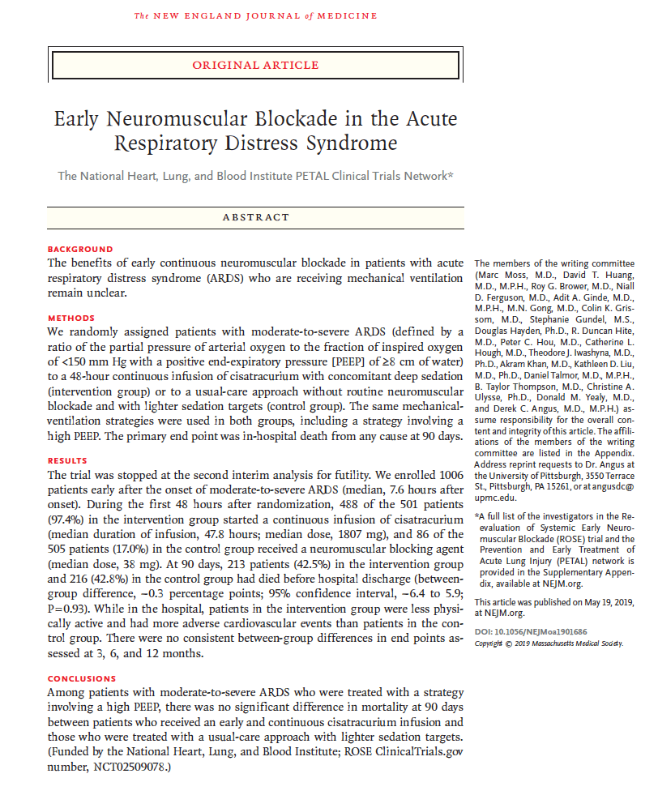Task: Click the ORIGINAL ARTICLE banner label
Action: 255,66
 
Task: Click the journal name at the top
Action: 255,16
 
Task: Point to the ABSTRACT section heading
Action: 255,217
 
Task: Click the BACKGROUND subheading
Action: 80,249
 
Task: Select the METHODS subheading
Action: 71,318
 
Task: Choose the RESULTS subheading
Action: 68,460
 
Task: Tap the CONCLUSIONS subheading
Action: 82,678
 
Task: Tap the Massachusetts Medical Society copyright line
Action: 549,643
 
